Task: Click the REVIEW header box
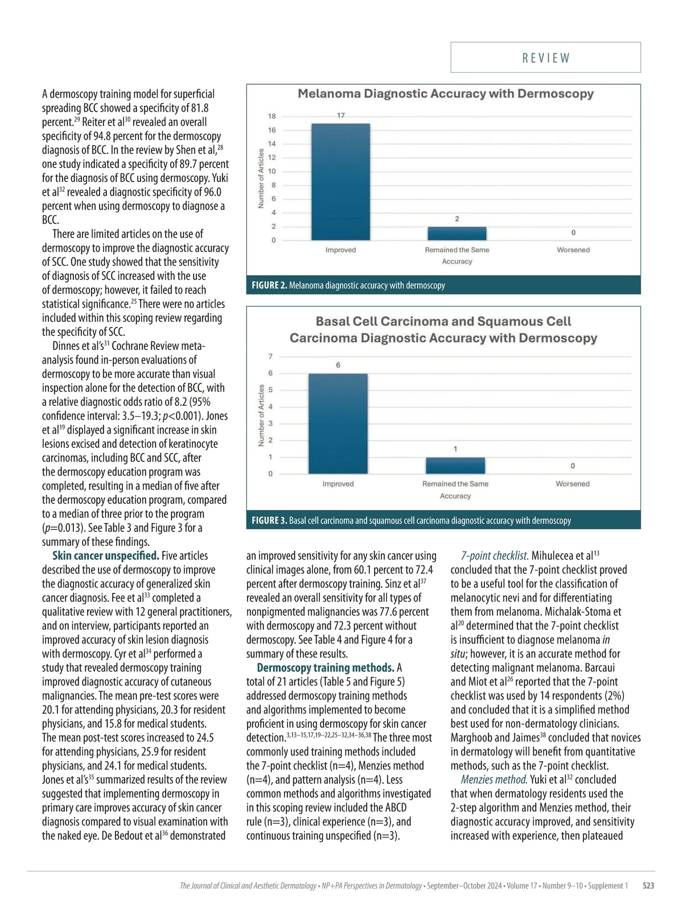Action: coord(545,57)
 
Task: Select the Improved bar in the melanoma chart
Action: coord(340,182)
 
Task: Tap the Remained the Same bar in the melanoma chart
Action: coord(457,233)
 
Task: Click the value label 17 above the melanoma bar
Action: coord(340,115)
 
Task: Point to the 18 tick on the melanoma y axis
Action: coord(272,117)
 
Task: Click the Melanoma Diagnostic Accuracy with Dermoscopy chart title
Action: coord(445,94)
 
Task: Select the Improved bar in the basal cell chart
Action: coord(338,424)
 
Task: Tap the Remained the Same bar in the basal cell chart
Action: coord(455,465)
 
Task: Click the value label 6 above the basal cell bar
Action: coord(338,365)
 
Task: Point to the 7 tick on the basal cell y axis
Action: coord(270,356)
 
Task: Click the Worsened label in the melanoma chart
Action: coord(573,250)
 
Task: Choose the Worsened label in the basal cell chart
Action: coord(573,484)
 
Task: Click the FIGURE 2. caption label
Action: coord(269,285)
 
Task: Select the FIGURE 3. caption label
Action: coord(269,521)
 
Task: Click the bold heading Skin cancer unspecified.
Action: coord(106,556)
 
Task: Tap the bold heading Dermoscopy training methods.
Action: coord(326,668)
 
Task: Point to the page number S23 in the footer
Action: coord(648,886)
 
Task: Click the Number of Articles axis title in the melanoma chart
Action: coord(261,179)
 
